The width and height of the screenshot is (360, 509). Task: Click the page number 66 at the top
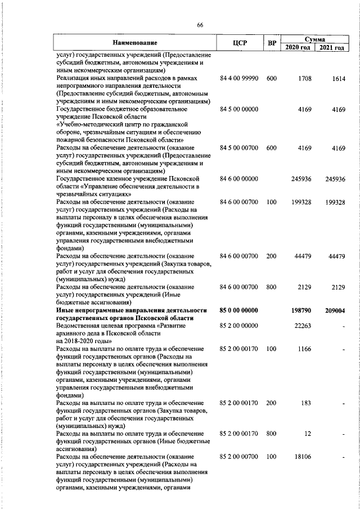click(x=200, y=24)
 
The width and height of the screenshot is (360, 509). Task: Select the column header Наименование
click(x=134, y=43)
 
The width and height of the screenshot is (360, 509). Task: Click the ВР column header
click(x=272, y=43)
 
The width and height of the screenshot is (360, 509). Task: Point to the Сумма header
click(x=314, y=39)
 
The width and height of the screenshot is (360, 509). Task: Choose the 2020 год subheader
click(x=298, y=47)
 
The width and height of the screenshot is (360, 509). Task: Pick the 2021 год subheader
click(x=331, y=47)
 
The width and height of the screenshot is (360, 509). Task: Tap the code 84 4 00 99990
click(x=239, y=79)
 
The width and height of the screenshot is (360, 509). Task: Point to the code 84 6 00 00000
click(x=239, y=179)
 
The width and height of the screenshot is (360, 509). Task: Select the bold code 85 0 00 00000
click(x=239, y=310)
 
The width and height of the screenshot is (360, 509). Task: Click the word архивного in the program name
click(x=71, y=334)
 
